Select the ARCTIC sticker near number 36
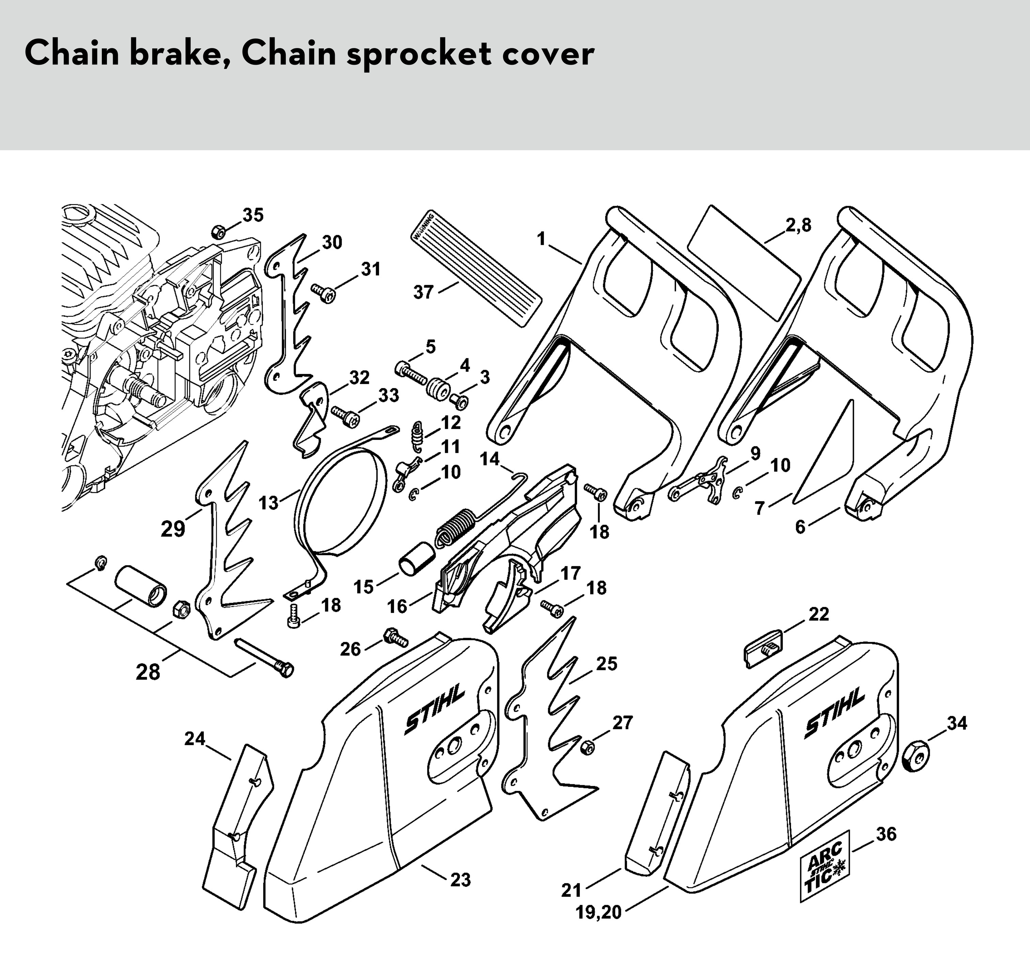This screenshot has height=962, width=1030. point(825,866)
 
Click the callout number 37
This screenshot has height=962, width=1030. point(423,292)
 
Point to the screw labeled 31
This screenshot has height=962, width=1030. point(323,293)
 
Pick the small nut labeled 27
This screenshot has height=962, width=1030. point(587,747)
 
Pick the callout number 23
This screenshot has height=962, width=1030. point(460,879)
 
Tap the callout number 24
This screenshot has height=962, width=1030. point(195,739)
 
